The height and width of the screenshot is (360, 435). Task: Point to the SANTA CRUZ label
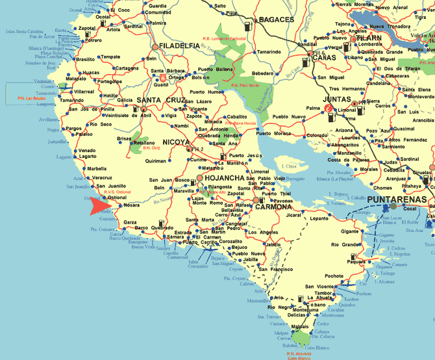tap(160, 100)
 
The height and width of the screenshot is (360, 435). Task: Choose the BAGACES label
tap(277, 20)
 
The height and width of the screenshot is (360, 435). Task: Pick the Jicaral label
tap(294, 214)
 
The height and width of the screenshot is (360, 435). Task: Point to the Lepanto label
tap(319, 218)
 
